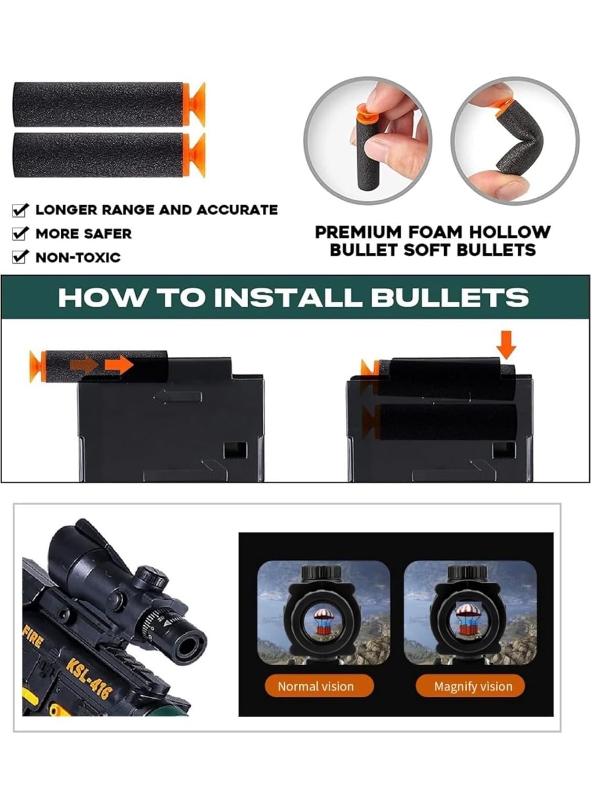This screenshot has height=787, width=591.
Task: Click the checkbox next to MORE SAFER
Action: [20, 234]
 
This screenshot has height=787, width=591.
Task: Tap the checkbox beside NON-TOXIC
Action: [20, 257]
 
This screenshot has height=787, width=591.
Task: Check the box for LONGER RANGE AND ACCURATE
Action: [20, 210]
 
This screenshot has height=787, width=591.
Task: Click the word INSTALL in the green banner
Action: [287, 298]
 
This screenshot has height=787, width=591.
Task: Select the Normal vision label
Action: [316, 686]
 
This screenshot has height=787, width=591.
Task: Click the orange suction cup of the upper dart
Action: [195, 104]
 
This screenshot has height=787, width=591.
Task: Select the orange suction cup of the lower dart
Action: [195, 155]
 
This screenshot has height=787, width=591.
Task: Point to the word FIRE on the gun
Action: [34, 639]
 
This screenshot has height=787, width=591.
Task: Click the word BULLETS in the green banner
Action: [449, 298]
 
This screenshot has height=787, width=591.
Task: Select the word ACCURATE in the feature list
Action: [237, 210]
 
